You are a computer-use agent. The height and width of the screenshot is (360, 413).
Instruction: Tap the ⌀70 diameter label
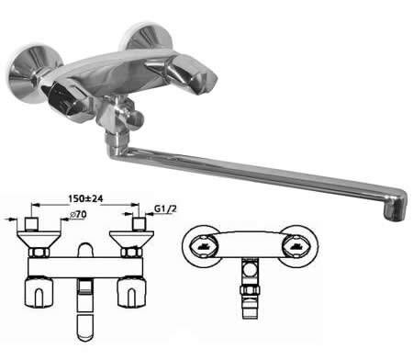(78, 214)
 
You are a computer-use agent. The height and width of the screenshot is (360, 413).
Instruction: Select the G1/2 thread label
(165, 209)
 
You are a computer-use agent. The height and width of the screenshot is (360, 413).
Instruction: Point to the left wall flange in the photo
(27, 73)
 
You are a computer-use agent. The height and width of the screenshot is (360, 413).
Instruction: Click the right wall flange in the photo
(145, 38)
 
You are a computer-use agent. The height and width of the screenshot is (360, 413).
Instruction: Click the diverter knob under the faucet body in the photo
(130, 117)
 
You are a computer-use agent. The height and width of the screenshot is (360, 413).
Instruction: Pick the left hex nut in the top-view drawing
(39, 253)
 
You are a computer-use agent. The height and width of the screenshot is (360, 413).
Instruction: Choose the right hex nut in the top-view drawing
(131, 253)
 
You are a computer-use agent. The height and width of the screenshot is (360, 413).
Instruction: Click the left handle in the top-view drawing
(39, 292)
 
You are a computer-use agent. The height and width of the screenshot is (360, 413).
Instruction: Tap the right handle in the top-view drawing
(132, 292)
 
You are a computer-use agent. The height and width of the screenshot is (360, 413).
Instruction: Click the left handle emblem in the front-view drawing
(202, 245)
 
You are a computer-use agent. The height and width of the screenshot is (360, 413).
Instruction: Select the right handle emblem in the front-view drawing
(297, 245)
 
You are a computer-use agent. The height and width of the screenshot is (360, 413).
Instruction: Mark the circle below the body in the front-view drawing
(251, 271)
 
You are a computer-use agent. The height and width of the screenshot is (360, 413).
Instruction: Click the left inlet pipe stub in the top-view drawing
(31, 224)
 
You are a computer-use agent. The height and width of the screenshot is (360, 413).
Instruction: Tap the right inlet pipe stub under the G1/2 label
(140, 224)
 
